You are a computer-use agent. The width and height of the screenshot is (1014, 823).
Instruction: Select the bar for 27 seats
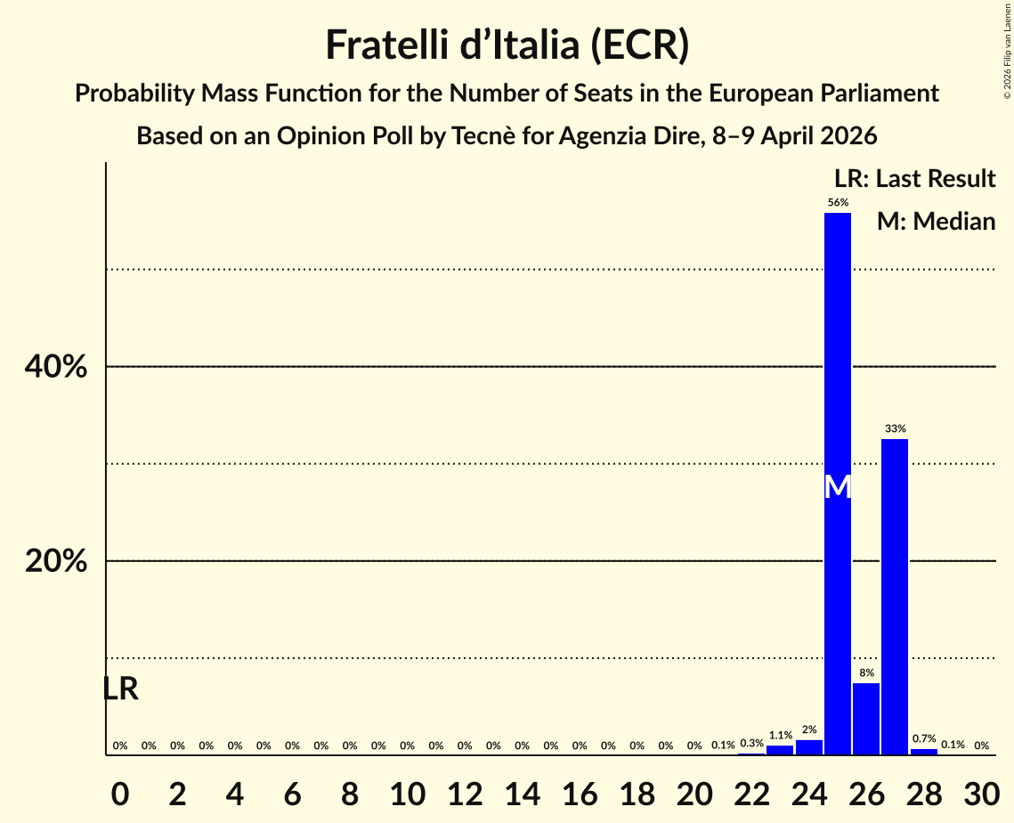tap(895, 597)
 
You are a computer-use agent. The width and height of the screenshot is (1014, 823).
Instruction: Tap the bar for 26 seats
tap(866, 719)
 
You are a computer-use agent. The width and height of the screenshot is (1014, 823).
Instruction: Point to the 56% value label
tap(838, 202)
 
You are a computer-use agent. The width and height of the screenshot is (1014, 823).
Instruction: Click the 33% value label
tap(895, 428)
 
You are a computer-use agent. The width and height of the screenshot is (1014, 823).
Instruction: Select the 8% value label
tap(866, 672)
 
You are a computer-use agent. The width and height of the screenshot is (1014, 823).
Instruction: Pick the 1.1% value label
tap(781, 736)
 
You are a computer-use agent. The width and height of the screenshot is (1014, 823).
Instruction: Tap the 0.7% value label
tap(924, 738)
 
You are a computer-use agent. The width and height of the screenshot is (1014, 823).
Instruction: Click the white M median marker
tap(838, 487)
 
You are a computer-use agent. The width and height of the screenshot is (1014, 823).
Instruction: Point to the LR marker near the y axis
tap(120, 689)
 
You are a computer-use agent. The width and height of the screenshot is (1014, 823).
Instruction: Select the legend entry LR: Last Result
tap(914, 179)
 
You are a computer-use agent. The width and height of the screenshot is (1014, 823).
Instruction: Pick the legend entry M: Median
tap(936, 221)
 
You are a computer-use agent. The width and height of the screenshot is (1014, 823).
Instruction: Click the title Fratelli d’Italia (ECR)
tap(507, 45)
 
